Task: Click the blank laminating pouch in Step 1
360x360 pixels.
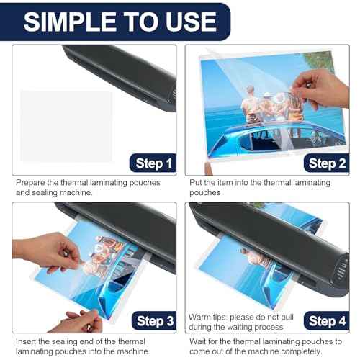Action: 66,126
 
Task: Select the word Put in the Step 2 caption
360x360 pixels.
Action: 197,183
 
